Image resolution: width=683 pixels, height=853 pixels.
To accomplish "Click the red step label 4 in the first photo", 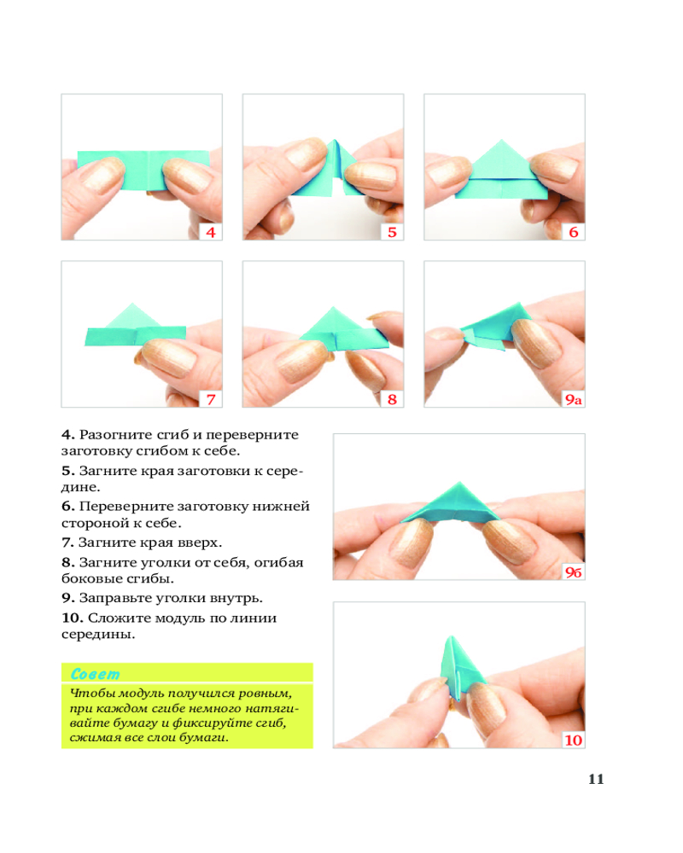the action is click(x=211, y=232).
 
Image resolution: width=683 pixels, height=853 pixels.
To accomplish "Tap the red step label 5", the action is click(x=392, y=232).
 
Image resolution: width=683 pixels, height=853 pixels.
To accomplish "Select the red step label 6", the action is click(x=574, y=232).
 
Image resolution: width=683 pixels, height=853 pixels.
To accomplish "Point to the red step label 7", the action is click(x=211, y=399).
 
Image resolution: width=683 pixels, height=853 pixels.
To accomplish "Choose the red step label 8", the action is click(x=392, y=399).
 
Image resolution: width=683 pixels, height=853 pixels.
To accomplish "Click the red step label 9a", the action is click(x=574, y=400).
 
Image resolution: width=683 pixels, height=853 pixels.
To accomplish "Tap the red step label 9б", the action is click(x=574, y=572).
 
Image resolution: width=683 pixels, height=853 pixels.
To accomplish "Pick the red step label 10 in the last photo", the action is click(x=574, y=740).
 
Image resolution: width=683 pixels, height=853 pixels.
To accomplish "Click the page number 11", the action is click(x=596, y=779).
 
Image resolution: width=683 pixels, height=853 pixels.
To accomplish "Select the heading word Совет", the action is click(x=96, y=674).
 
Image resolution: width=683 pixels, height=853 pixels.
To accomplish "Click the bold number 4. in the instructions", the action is click(x=67, y=435).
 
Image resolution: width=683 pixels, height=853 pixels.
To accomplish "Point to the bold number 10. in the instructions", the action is click(x=72, y=618).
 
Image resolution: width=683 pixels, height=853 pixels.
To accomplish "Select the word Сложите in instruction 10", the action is click(x=120, y=618).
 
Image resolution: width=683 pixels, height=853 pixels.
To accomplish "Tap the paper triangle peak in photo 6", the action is click(x=501, y=141).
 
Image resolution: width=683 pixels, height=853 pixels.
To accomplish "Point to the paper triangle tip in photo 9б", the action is click(x=459, y=484).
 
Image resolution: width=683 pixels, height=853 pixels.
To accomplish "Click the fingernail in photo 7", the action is click(x=169, y=357).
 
